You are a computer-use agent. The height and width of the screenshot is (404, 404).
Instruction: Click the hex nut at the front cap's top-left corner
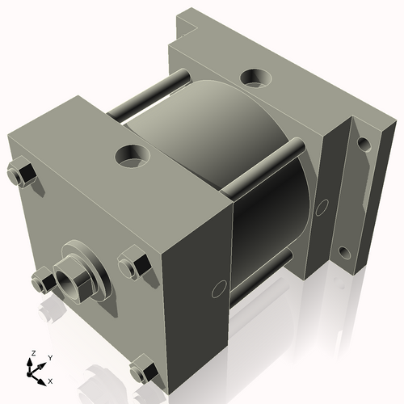[x=22, y=173]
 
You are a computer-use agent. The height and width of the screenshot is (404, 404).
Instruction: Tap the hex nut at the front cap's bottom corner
[x=145, y=370]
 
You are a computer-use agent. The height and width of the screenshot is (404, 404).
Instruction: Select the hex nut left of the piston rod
[x=41, y=281]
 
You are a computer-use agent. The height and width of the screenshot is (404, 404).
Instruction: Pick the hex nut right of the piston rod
[x=134, y=265]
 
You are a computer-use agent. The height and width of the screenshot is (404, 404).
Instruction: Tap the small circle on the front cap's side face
[x=218, y=288]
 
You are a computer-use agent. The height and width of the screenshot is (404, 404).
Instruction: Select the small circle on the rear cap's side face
[x=322, y=208]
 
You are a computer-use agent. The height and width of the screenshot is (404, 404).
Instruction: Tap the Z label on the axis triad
[x=32, y=353]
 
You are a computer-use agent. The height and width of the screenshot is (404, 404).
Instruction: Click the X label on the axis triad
[x=51, y=380]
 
